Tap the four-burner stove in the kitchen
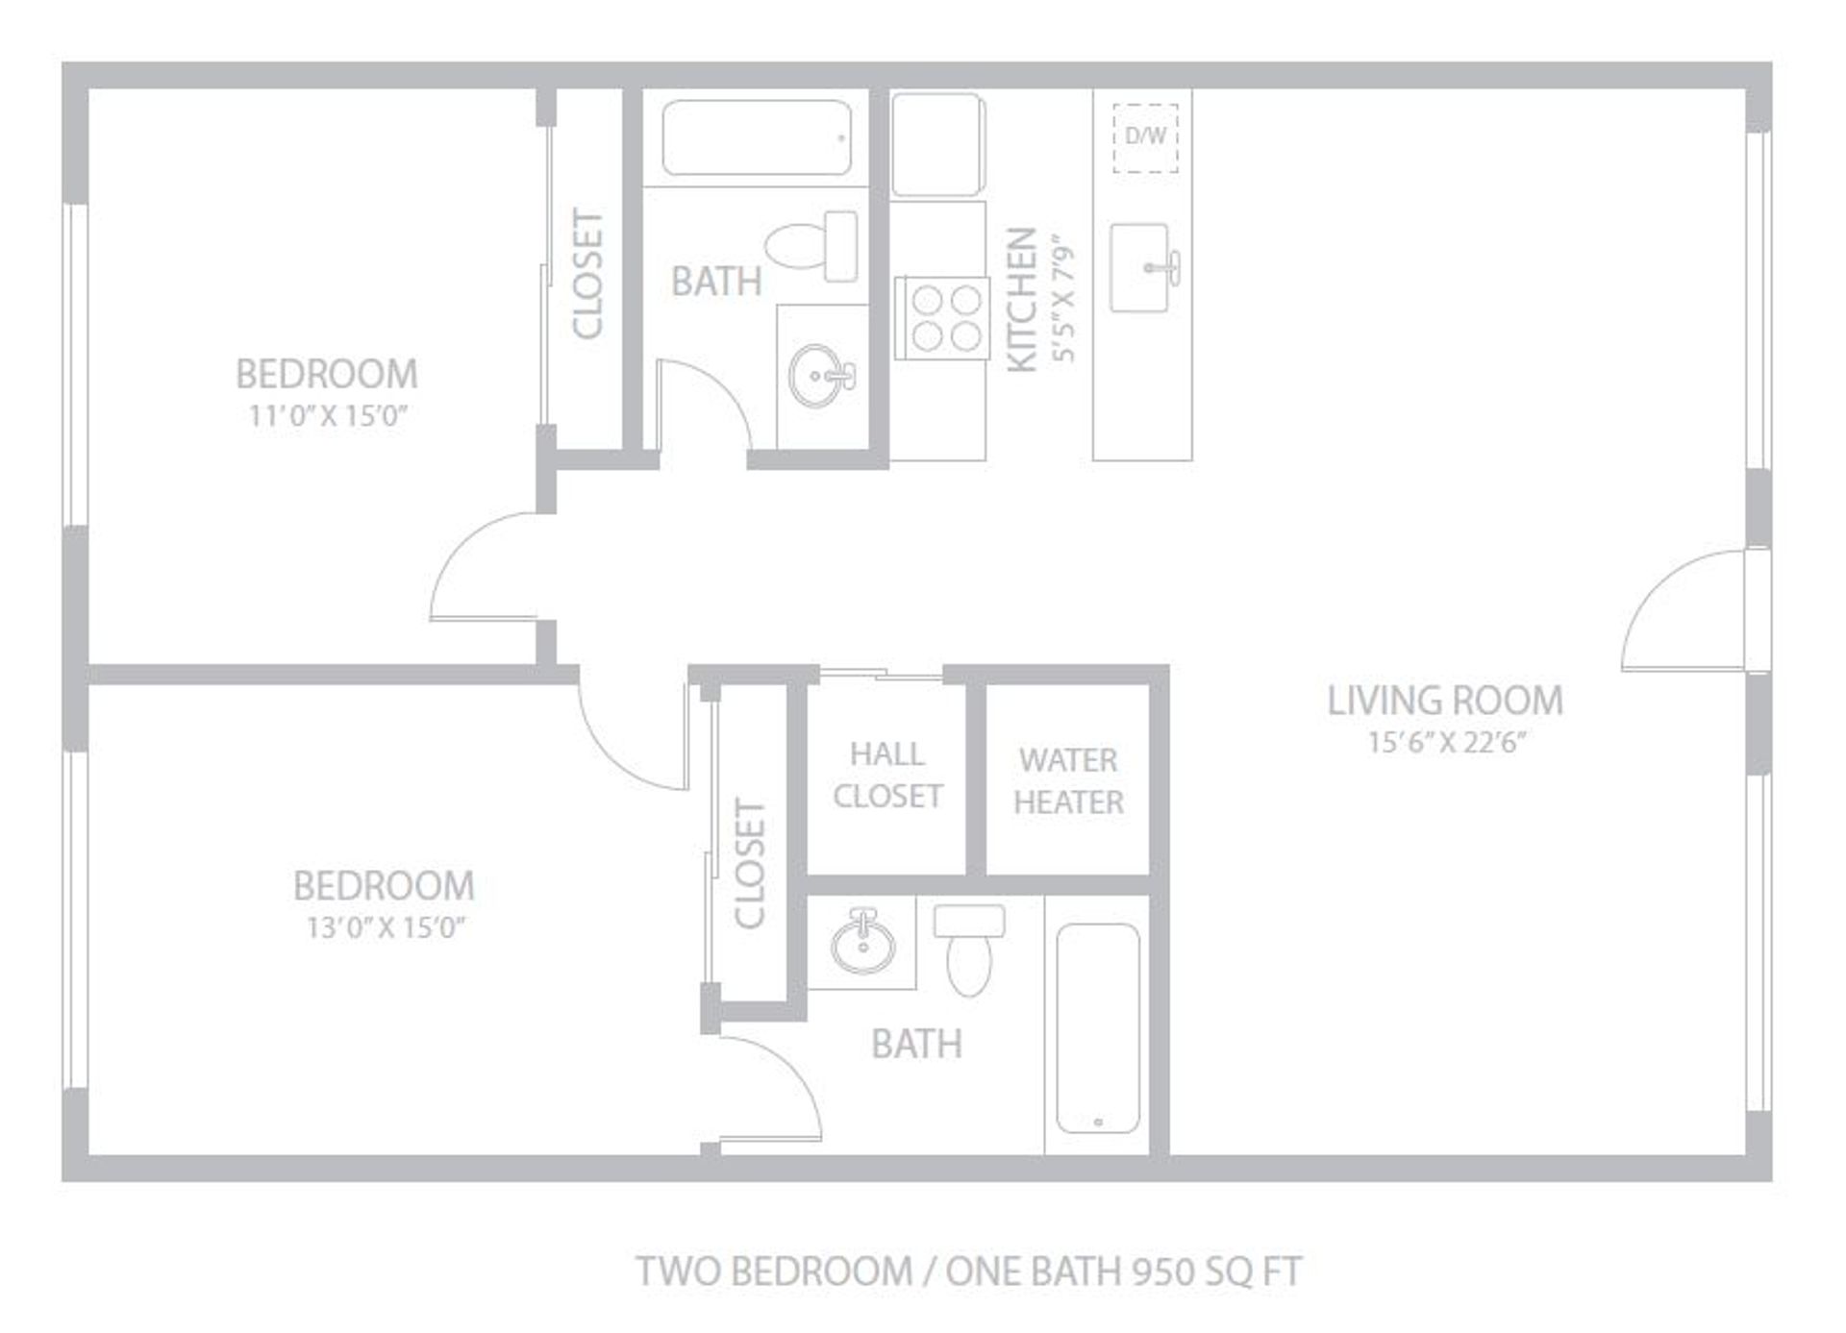(x=942, y=317)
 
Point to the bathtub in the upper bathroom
(x=757, y=138)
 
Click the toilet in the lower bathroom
(x=969, y=950)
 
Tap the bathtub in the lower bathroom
(x=1098, y=1028)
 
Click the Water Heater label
(x=1068, y=781)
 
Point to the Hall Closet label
(x=887, y=775)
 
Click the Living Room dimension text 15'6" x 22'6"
(x=1447, y=743)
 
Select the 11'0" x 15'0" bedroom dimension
(x=328, y=416)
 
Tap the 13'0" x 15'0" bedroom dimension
(x=386, y=928)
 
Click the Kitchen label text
(x=1022, y=299)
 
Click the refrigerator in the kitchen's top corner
(x=937, y=145)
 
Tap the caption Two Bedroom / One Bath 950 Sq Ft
(x=969, y=1271)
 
